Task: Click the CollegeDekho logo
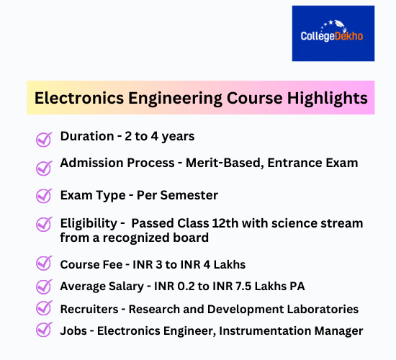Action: click(333, 33)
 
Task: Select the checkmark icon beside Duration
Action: click(44, 138)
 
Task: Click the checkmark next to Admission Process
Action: click(44, 166)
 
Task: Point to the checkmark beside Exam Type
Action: click(44, 196)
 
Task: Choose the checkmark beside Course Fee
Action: click(44, 264)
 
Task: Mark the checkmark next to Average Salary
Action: click(44, 287)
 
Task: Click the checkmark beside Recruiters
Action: click(44, 309)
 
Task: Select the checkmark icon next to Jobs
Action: click(44, 331)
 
